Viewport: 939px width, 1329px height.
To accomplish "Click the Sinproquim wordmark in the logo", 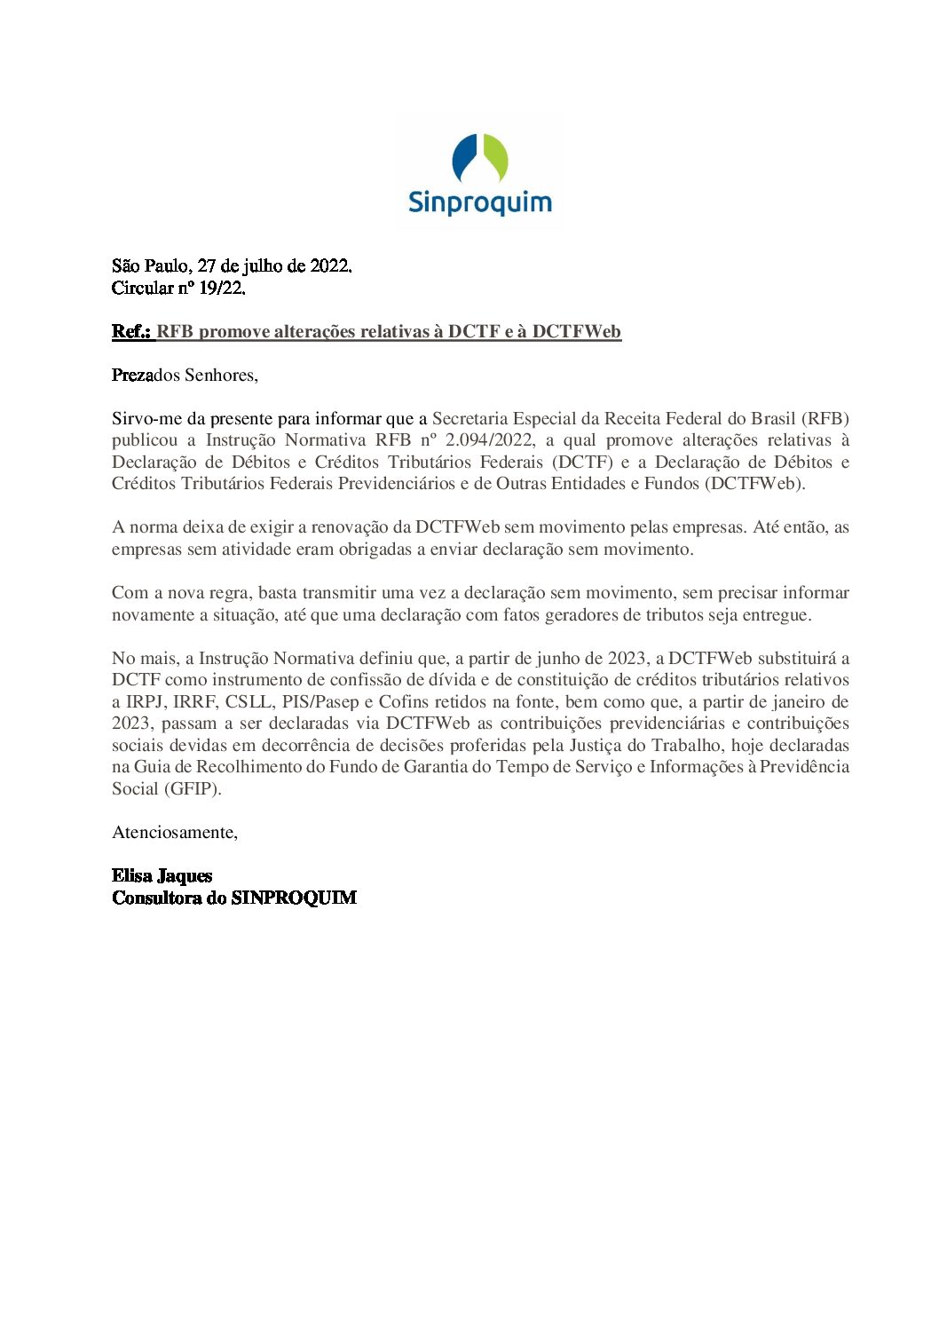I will click(x=479, y=202).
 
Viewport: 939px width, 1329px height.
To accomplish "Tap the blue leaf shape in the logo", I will click(x=465, y=157).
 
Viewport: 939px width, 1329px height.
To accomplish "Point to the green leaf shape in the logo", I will click(x=495, y=157).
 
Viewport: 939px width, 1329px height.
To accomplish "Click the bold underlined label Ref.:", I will click(x=132, y=331).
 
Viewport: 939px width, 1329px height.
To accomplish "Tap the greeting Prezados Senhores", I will click(x=185, y=375).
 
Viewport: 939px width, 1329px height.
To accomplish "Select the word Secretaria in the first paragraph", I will click(x=469, y=418).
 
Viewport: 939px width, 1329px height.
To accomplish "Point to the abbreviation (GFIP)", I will click(x=192, y=788).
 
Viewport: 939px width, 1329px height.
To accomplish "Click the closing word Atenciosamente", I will click(x=174, y=832).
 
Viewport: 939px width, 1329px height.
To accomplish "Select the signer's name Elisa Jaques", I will click(x=162, y=875).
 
